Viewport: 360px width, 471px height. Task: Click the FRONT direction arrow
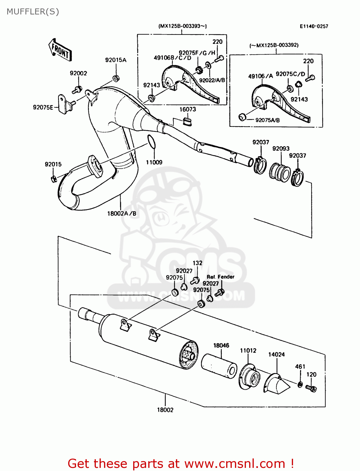pos(60,50)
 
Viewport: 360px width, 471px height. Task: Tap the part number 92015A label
pos(116,60)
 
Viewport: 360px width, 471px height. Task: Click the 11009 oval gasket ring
pos(151,141)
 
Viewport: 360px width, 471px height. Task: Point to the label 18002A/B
pos(122,214)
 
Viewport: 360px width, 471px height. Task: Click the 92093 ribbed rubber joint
pos(280,172)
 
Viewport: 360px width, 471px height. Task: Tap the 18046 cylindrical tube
pos(219,366)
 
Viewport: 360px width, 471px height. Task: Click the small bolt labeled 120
pos(311,388)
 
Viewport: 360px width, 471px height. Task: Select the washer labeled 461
pos(300,384)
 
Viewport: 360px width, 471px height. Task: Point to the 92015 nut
pos(53,179)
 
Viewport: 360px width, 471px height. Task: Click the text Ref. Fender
pos(221,277)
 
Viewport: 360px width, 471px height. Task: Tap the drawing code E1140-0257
pos(314,26)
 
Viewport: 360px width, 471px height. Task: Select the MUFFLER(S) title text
pos(33,12)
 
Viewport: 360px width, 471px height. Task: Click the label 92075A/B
pos(267,120)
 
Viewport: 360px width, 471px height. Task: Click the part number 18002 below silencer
pos(165,410)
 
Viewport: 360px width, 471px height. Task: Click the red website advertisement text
pos(181,463)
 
